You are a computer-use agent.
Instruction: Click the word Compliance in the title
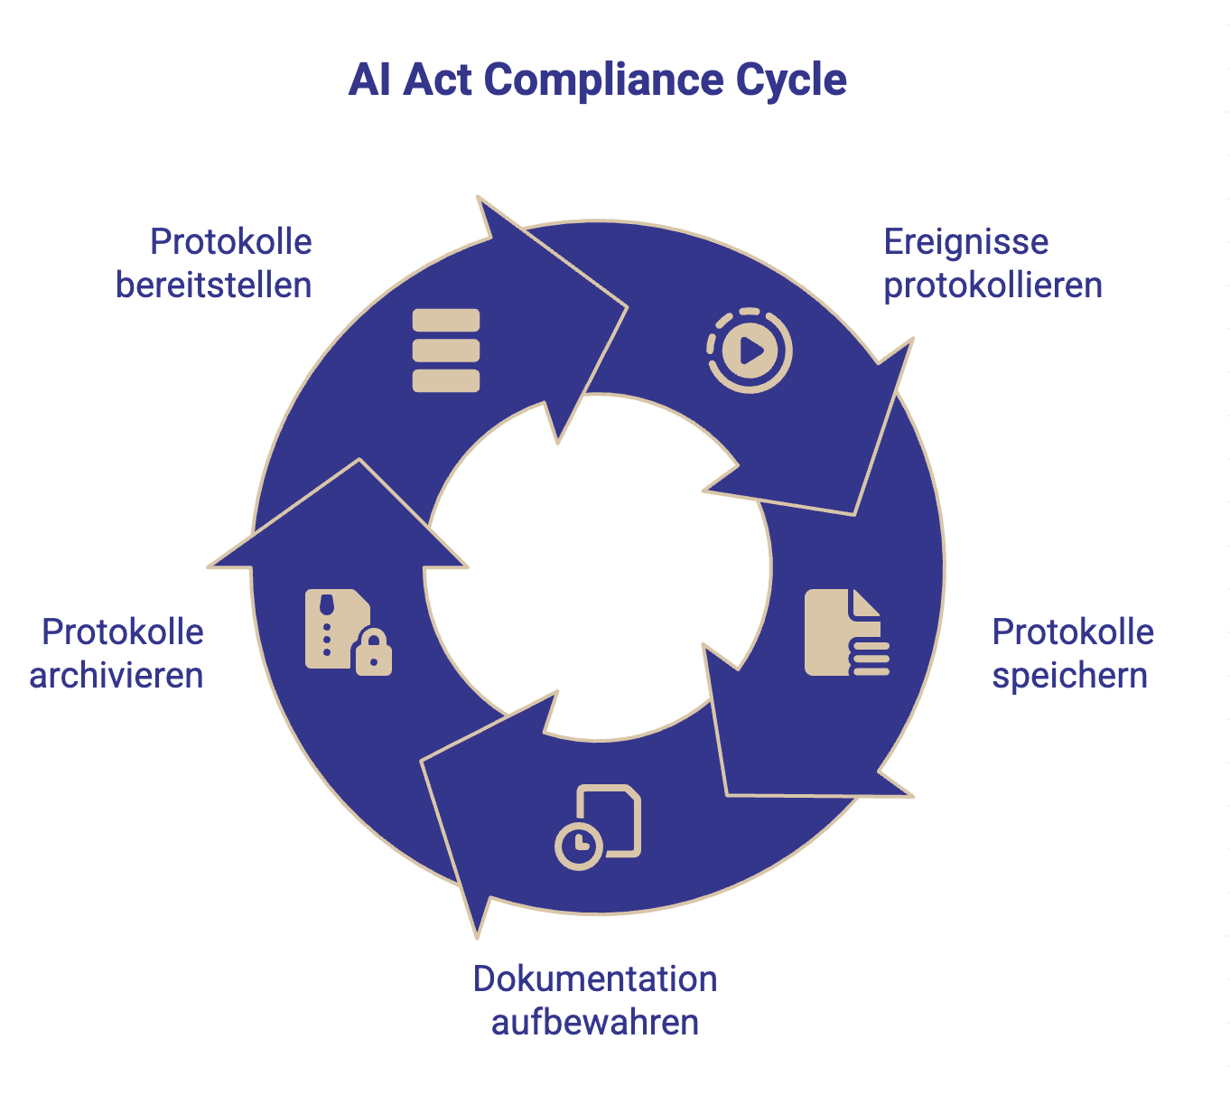click(x=603, y=80)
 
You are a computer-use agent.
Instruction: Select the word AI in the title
click(x=369, y=80)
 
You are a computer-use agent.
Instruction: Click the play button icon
click(x=750, y=350)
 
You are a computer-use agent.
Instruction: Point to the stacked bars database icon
click(x=446, y=351)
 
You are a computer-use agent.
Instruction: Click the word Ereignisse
click(x=966, y=242)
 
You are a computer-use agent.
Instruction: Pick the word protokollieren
click(x=992, y=285)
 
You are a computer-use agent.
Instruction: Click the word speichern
click(x=1069, y=676)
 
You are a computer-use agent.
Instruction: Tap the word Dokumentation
click(x=595, y=979)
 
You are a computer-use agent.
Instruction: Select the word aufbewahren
click(x=595, y=1023)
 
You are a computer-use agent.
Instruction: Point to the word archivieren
click(x=116, y=676)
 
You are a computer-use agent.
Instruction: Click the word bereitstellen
click(x=214, y=285)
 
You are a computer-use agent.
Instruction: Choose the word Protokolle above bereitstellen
click(x=231, y=242)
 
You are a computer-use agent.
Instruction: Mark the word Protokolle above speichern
click(x=1073, y=632)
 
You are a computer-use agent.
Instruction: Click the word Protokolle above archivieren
click(x=123, y=632)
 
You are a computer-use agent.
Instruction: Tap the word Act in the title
click(x=437, y=80)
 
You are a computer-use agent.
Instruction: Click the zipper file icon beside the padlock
click(x=331, y=627)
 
